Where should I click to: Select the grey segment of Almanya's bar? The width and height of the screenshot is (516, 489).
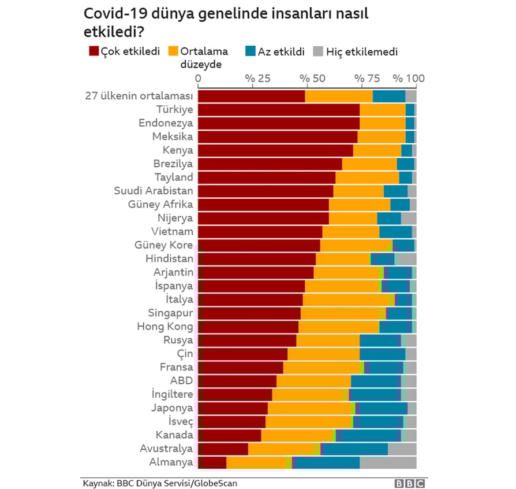tap(388, 462)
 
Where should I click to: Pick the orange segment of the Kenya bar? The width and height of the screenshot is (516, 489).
tap(377, 150)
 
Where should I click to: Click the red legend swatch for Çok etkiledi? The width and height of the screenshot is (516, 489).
tap(94, 51)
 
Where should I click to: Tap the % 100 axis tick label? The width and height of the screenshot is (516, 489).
tap(408, 79)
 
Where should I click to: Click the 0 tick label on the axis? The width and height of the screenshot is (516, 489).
tap(199, 79)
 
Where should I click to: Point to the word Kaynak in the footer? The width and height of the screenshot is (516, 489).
tap(95, 483)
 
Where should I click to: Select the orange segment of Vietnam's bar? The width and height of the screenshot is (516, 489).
tap(351, 232)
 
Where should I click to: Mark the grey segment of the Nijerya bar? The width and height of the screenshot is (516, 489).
tap(409, 218)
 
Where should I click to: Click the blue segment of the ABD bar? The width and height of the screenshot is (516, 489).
tap(376, 380)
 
